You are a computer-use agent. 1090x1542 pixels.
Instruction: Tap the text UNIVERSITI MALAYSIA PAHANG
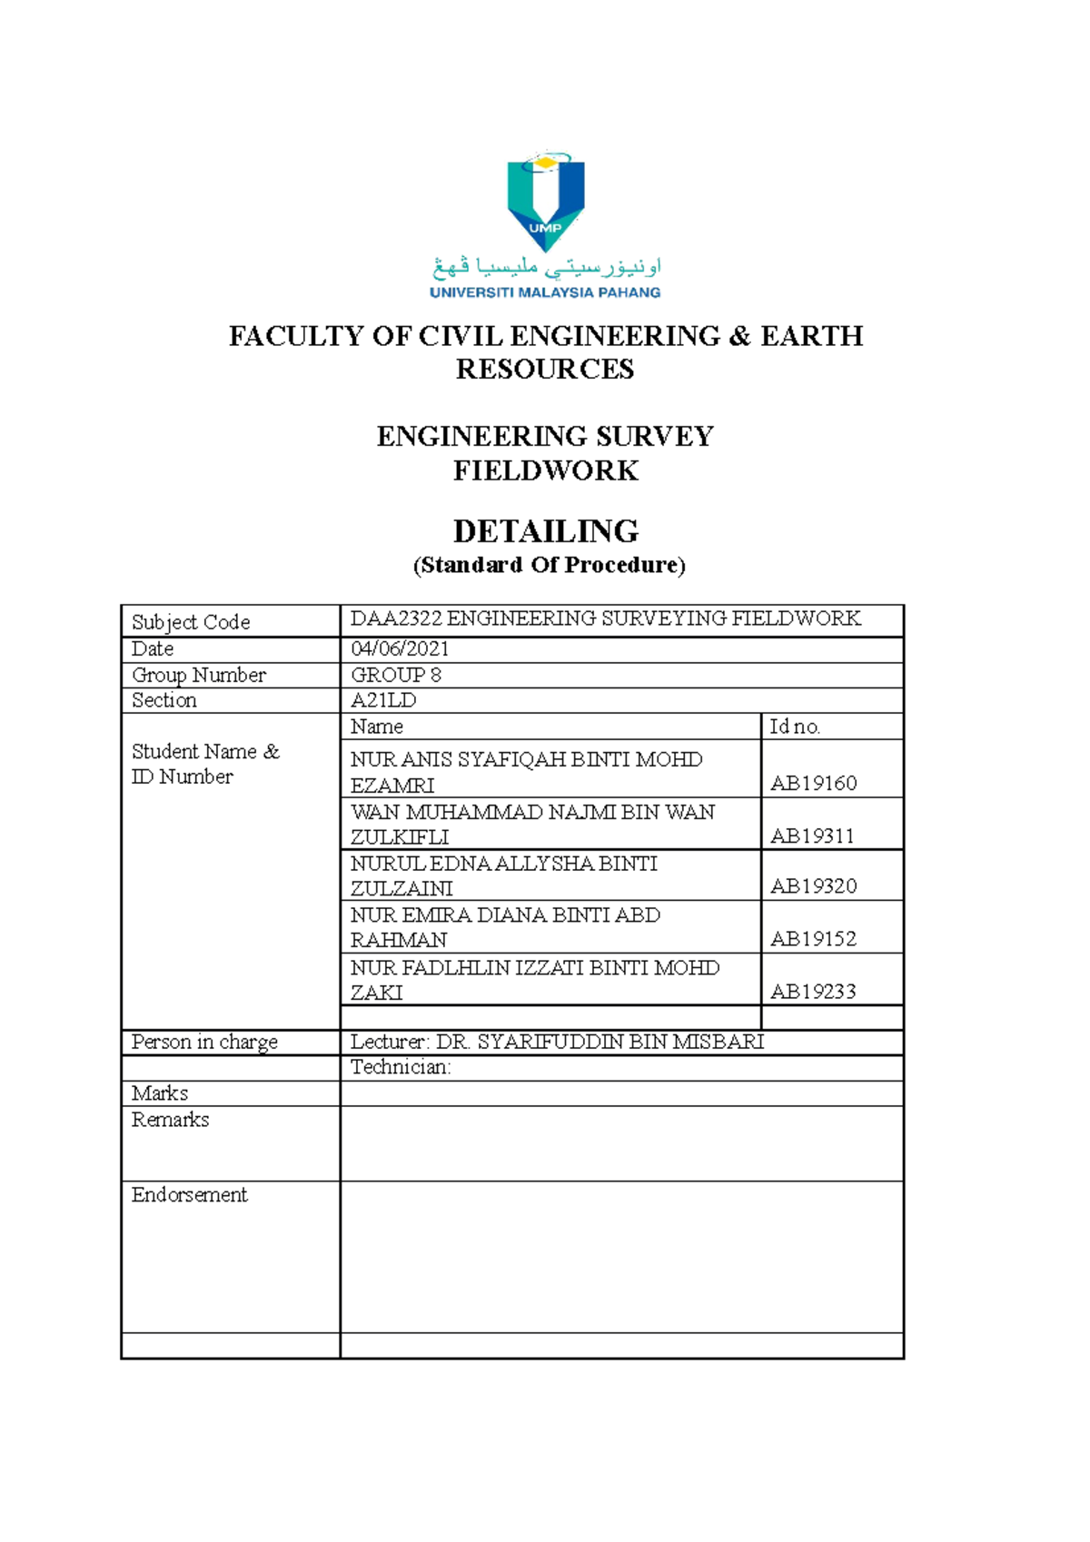[545, 292]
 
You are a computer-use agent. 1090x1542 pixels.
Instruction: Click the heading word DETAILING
[545, 531]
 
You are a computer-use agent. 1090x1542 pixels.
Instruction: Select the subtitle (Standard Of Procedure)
[549, 565]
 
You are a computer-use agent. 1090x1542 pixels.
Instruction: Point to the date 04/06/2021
[400, 648]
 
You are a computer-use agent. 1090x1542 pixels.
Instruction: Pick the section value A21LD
[383, 700]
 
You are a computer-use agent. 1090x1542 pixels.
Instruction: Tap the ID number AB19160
[813, 783]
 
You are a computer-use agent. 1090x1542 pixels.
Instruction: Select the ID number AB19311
[812, 835]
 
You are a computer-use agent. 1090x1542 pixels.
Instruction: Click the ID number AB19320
[813, 886]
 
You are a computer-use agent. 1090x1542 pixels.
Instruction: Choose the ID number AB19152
[813, 939]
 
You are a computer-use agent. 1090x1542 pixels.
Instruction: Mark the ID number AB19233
[813, 992]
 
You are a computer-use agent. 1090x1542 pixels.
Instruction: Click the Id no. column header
[795, 727]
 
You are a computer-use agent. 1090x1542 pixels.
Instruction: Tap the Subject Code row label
[191, 622]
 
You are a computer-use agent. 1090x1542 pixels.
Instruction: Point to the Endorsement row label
[189, 1195]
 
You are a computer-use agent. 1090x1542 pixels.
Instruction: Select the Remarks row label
[170, 1120]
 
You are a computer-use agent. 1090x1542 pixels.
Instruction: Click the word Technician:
[401, 1067]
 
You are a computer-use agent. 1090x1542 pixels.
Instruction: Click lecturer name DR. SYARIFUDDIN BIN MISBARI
[599, 1042]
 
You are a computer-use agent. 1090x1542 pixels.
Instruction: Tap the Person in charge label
[204, 1042]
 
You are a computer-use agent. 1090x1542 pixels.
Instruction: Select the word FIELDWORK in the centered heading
[545, 470]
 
